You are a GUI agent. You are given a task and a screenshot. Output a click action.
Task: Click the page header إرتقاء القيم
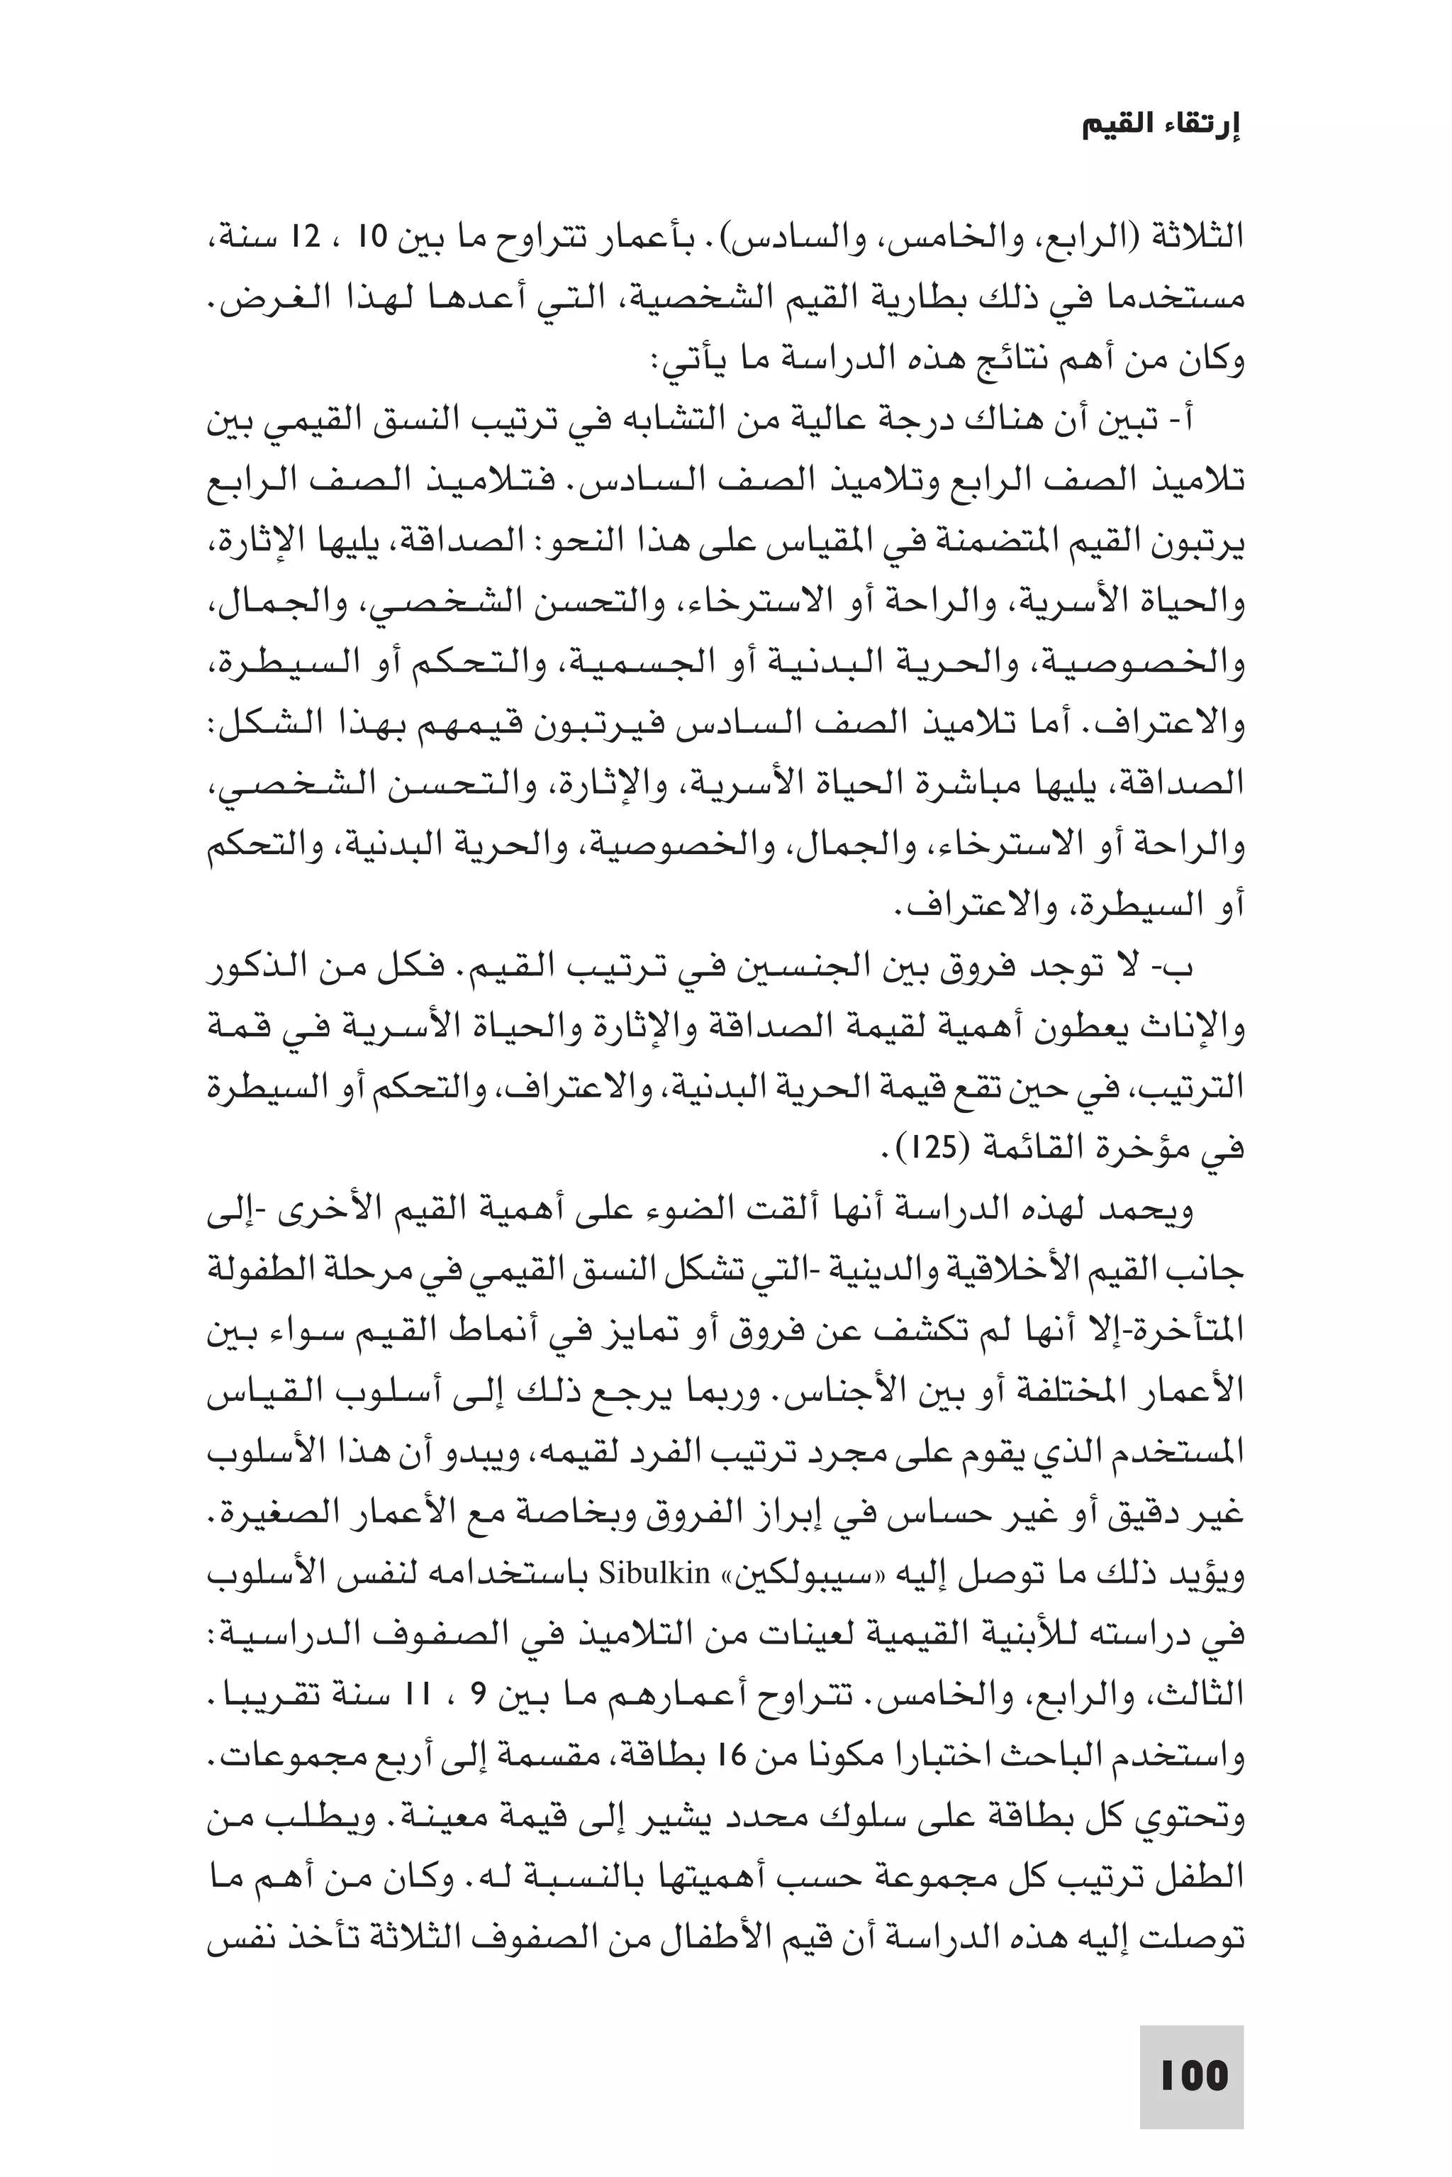tap(1161, 127)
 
